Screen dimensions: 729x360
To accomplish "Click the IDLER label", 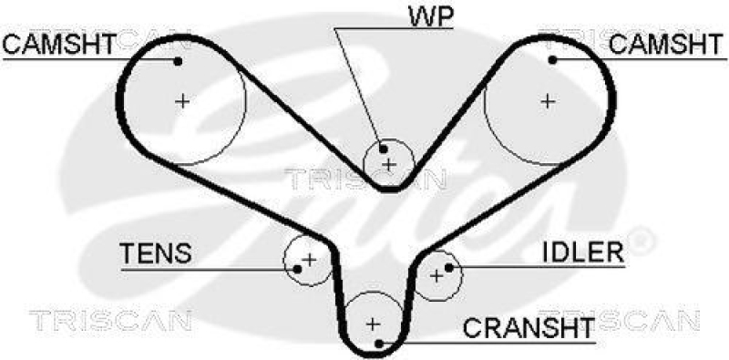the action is [582, 251].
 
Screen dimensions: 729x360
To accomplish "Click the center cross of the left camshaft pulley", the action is [183, 100].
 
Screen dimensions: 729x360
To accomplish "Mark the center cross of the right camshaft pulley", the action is [547, 100].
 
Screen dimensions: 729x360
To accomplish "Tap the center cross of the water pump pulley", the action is [389, 164].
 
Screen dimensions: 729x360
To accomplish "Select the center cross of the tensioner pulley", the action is [308, 259].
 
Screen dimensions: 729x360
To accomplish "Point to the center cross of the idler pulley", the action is [436, 273].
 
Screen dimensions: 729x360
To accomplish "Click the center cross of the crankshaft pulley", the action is [372, 323].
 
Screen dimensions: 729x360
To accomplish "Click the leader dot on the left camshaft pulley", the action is [178, 62].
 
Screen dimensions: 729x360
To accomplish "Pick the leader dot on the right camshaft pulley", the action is [552, 60].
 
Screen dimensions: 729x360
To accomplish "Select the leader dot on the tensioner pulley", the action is [295, 269].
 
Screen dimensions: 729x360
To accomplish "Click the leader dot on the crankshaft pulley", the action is [379, 343].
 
